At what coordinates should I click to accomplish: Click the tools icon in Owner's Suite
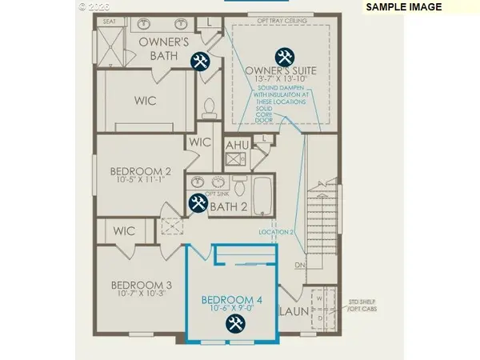[283, 57]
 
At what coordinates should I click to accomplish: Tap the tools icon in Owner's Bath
[198, 62]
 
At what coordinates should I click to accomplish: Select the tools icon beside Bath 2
[198, 204]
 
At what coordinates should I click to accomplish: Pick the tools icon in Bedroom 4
[235, 323]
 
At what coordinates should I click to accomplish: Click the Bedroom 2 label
[140, 170]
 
